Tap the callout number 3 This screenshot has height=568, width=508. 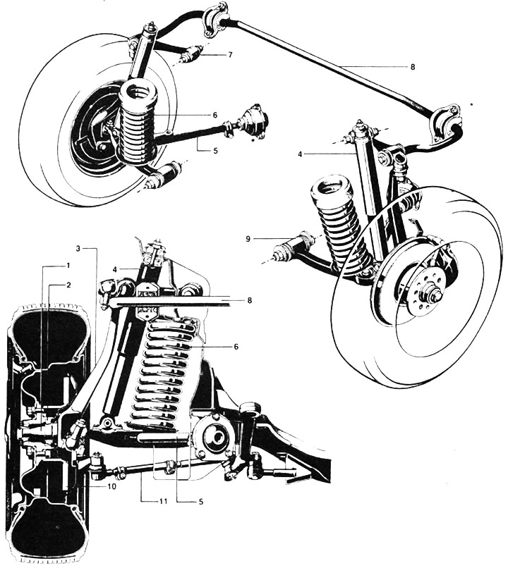pyautogui.click(x=80, y=248)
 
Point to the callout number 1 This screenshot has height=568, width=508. pyautogui.click(x=68, y=265)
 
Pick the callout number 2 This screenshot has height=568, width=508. pyautogui.click(x=68, y=285)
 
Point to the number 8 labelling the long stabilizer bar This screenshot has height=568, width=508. pyautogui.click(x=412, y=67)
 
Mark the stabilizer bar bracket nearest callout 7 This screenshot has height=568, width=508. pyautogui.click(x=215, y=19)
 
